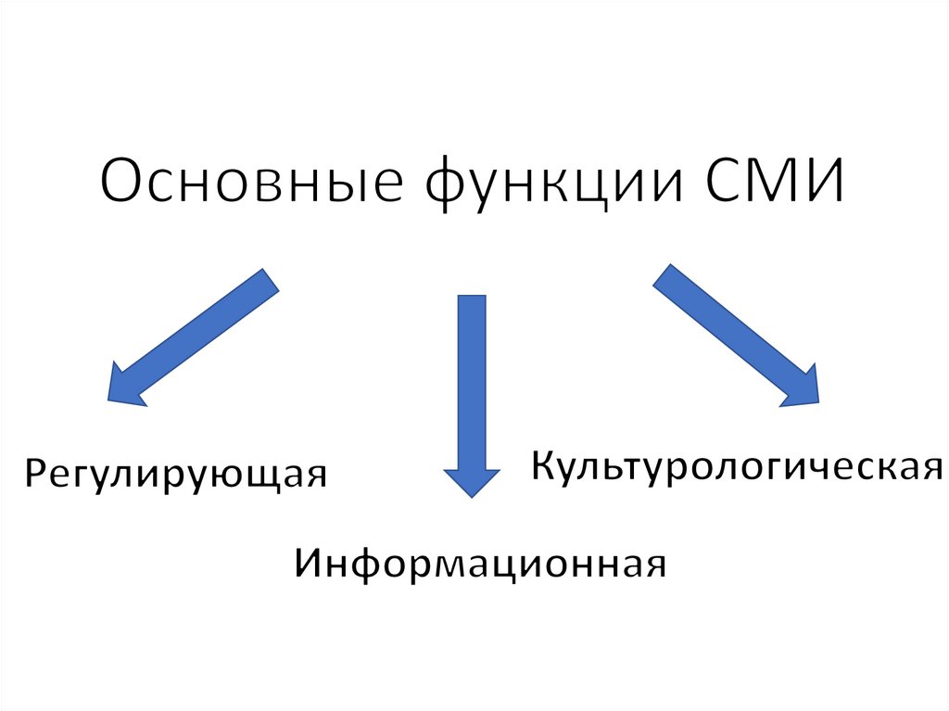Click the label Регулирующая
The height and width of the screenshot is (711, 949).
click(x=176, y=474)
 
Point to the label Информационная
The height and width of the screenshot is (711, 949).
click(x=481, y=563)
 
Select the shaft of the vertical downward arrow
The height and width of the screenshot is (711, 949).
click(x=472, y=380)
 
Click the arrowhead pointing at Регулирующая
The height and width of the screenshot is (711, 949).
click(x=125, y=385)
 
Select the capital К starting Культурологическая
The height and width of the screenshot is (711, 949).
click(x=543, y=464)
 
